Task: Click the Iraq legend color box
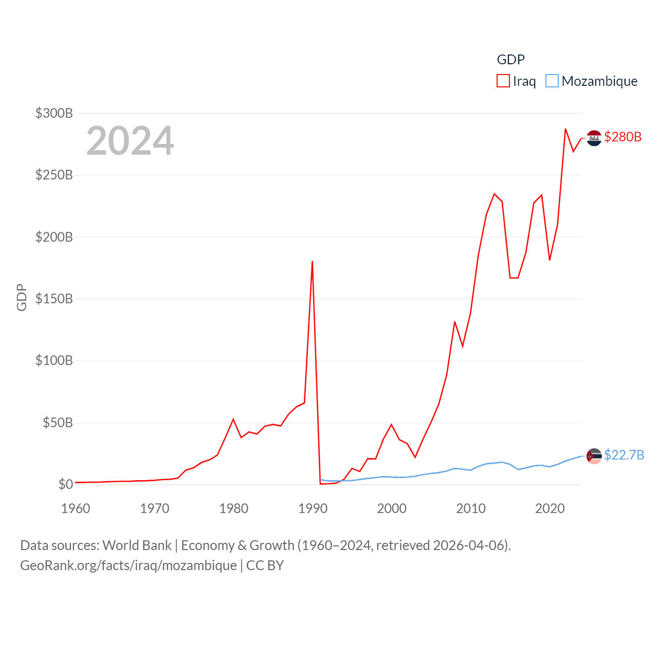tap(503, 81)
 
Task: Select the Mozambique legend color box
tap(552, 81)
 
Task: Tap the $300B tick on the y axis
tap(54, 113)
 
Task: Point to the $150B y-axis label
tap(54, 299)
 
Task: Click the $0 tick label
tap(65, 484)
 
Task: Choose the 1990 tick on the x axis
tap(313, 508)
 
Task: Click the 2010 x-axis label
tap(471, 508)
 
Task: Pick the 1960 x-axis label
tap(76, 508)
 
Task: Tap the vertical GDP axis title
tap(22, 297)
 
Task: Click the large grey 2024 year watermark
tap(130, 141)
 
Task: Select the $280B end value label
tap(623, 137)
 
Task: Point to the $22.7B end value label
tap(624, 455)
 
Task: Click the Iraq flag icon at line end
tap(594, 138)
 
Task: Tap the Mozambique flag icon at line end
tap(594, 456)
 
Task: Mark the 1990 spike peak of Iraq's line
tap(312, 262)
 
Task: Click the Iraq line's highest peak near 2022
tap(565, 129)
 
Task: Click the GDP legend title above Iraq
tap(510, 60)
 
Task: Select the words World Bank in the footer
tap(137, 545)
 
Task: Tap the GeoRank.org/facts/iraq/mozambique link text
tap(129, 565)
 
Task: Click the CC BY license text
tap(265, 565)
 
